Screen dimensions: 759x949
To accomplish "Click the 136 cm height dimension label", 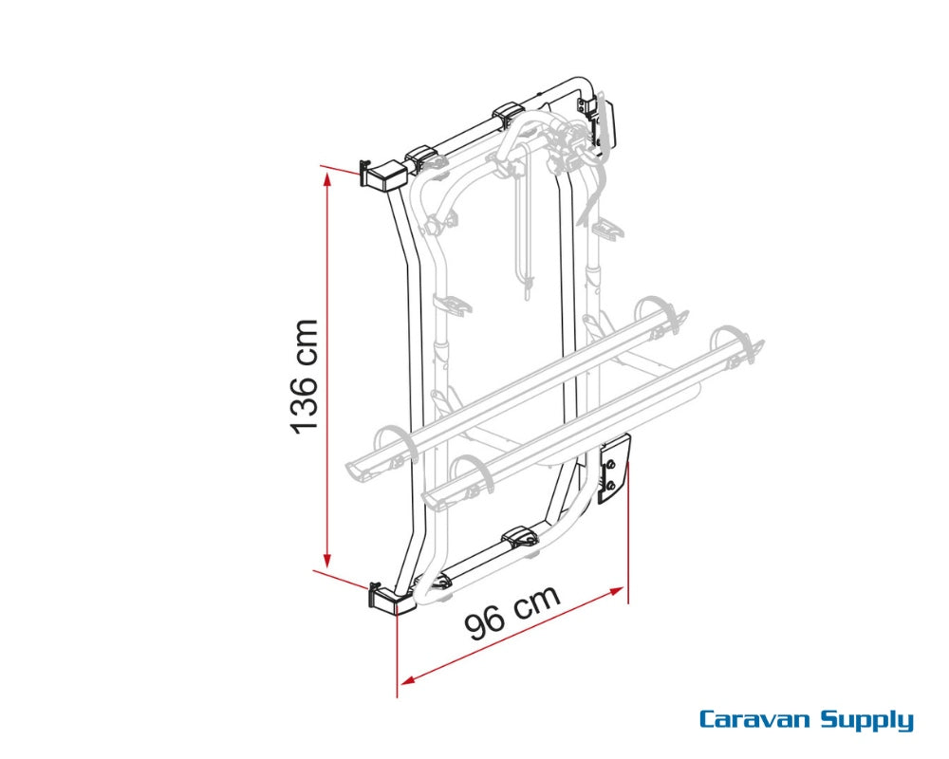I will pos(304,375).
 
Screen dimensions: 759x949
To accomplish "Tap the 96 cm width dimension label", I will pos(512,614).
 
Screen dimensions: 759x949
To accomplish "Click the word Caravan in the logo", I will pos(755,719).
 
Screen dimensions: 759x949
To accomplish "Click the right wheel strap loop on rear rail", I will pos(655,312).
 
